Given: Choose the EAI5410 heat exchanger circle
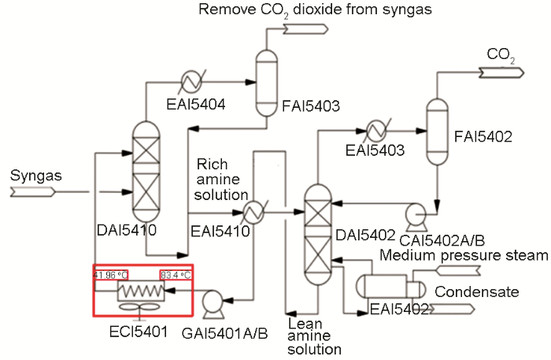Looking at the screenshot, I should tap(254, 212).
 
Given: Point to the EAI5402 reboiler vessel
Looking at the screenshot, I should tap(382, 287).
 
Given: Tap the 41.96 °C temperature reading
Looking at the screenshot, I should tap(111, 275).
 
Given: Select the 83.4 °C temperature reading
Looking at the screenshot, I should tap(176, 275).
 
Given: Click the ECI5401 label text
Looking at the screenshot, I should tap(139, 330).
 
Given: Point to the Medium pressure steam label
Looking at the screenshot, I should tap(464, 255).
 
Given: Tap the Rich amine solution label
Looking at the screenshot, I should tap(222, 180).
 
